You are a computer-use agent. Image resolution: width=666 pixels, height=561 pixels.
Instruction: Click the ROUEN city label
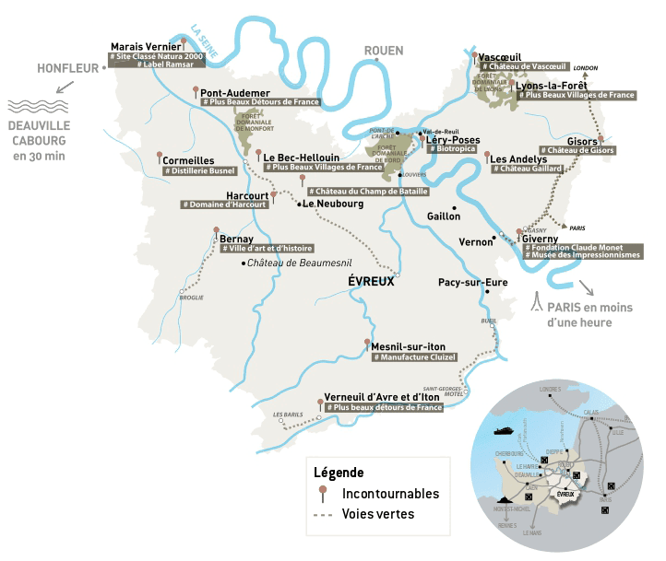pos(385,51)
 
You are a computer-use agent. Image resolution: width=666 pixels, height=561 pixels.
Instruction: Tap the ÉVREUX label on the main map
pos(372,282)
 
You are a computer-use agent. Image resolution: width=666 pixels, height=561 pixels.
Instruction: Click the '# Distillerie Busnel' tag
pos(199,170)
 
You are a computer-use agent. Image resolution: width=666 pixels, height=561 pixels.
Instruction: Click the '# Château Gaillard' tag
pos(526,169)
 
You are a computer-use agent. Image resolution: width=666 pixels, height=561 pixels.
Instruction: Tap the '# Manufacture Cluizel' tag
pos(416,356)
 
